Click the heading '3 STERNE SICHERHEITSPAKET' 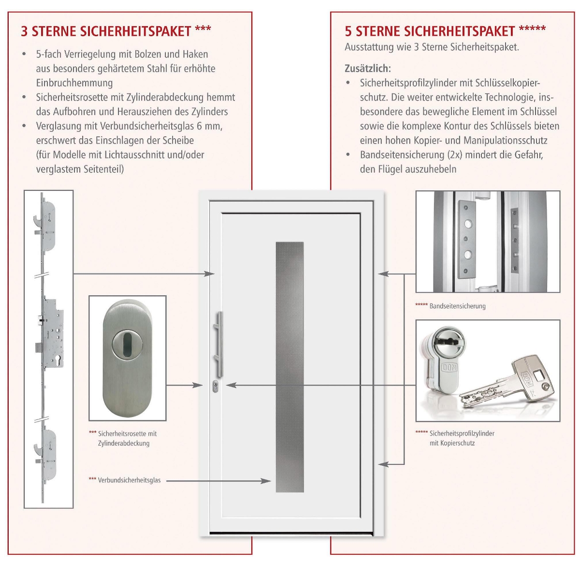coord(106,31)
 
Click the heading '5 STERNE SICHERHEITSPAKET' coord(430,31)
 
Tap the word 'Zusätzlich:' coord(367,69)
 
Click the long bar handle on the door coord(220,344)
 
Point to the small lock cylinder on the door coord(215,386)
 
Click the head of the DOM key coord(530,378)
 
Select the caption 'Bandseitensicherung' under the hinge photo coord(457,306)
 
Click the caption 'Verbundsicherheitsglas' coord(129,480)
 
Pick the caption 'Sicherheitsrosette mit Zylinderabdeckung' coord(127,438)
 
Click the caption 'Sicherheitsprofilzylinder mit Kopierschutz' coord(462,438)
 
